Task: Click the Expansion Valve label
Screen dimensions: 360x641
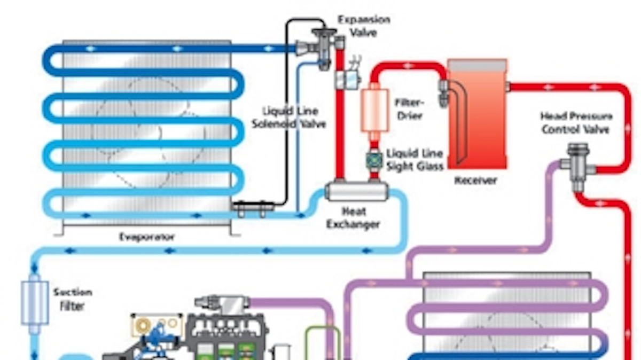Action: (364, 26)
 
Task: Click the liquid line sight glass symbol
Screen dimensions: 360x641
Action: (374, 159)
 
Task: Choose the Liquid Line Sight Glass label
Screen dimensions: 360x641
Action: (415, 160)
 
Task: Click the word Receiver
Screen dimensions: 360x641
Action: (475, 181)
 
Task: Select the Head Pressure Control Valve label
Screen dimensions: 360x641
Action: (576, 122)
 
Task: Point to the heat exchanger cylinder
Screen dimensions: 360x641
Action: (357, 191)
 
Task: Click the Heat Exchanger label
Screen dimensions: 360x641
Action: (353, 218)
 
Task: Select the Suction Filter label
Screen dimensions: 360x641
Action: (72, 299)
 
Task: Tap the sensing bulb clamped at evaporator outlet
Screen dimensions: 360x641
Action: (253, 205)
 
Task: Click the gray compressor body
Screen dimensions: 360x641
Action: (224, 336)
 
